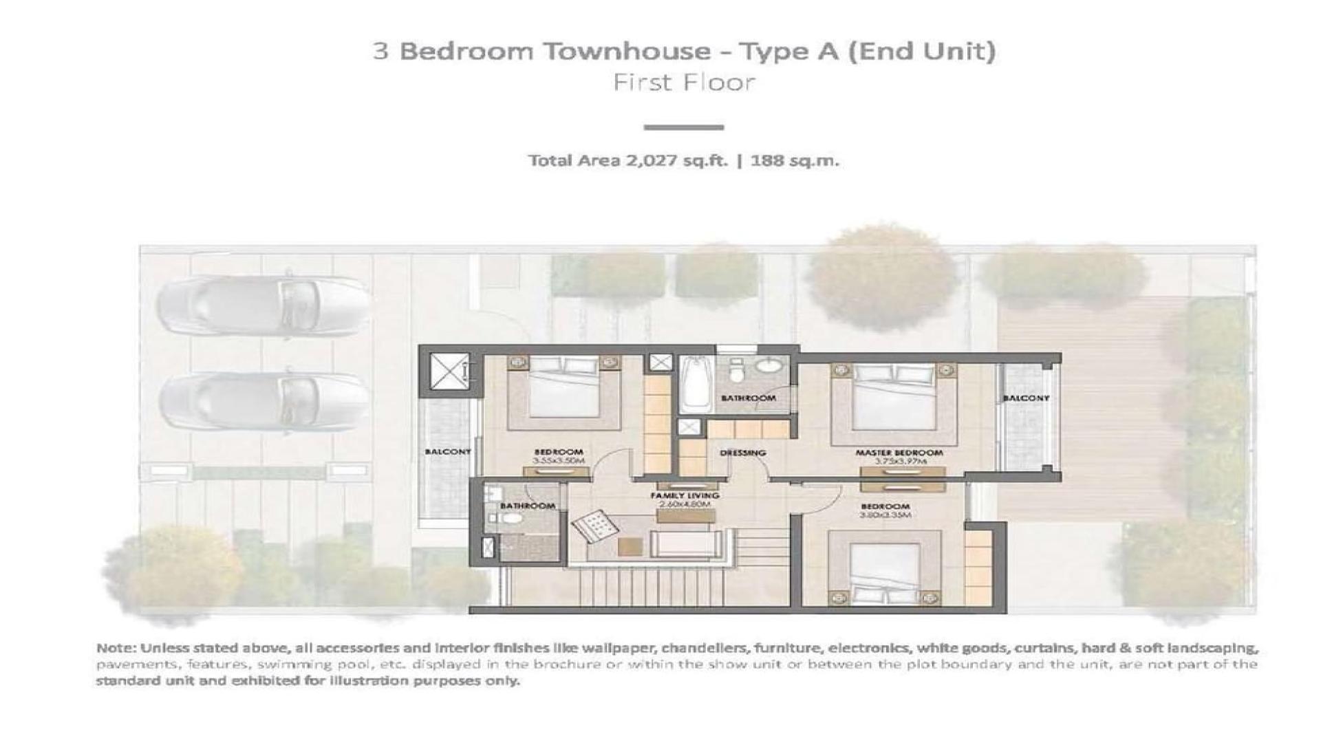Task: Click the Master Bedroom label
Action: pyautogui.click(x=899, y=453)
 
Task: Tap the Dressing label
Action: pyautogui.click(x=742, y=453)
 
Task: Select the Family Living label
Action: pyautogui.click(x=685, y=495)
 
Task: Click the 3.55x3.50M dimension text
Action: pyautogui.click(x=558, y=461)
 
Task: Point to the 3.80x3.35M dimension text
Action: pyautogui.click(x=885, y=515)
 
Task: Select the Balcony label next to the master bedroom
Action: pyautogui.click(x=1025, y=398)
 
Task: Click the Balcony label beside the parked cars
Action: pyautogui.click(x=447, y=451)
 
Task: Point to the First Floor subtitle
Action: pyautogui.click(x=684, y=83)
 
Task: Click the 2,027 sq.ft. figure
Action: pyautogui.click(x=676, y=161)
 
